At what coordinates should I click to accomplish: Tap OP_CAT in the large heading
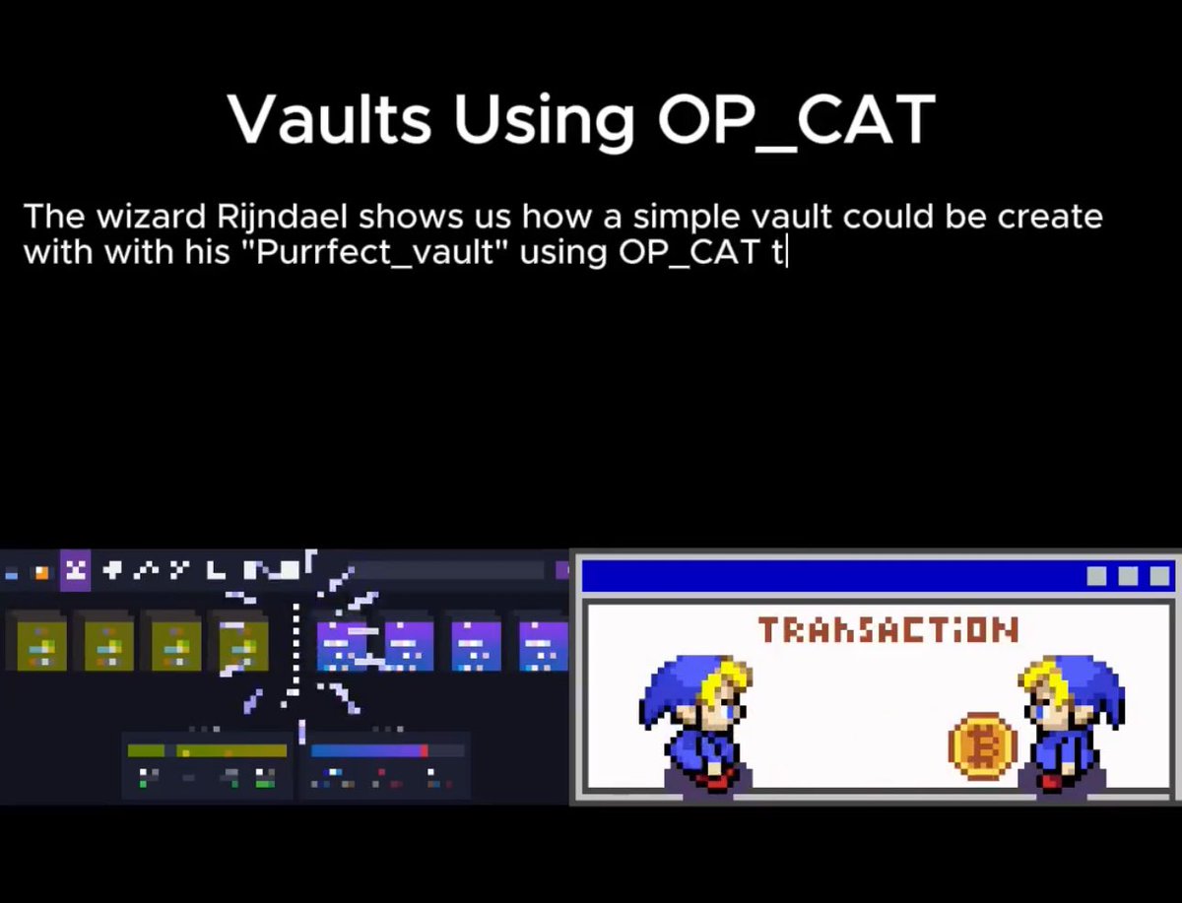point(796,121)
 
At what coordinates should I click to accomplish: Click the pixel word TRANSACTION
point(887,629)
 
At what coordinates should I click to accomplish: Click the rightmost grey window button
point(1159,576)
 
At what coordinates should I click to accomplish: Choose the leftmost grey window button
point(1096,576)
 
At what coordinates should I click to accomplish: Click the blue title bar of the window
point(827,576)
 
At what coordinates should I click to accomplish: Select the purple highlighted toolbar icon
point(75,570)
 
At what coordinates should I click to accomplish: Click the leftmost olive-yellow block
point(41,645)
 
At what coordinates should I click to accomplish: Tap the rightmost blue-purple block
point(543,645)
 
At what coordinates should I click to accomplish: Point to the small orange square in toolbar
point(41,572)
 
